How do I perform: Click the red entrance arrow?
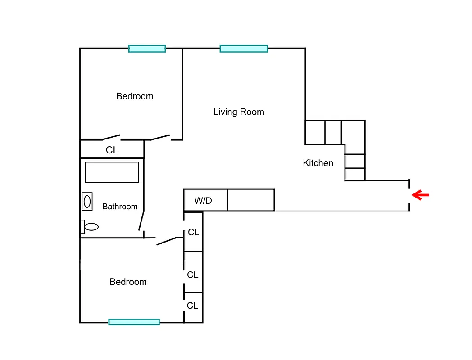tap(421, 195)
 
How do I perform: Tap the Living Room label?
tap(239, 112)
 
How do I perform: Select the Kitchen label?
tap(318, 163)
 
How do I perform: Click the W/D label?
tap(203, 201)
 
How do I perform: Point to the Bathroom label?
tap(120, 207)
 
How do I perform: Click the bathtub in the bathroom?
tap(112, 172)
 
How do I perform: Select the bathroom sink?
tap(87, 202)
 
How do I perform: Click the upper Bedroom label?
tap(135, 96)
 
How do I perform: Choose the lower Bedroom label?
tap(128, 282)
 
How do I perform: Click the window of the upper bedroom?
tap(147, 48)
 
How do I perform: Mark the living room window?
tap(244, 48)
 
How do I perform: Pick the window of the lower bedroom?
tap(134, 322)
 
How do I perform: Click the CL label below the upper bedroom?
tap(112, 150)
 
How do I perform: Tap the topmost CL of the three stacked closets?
tap(194, 232)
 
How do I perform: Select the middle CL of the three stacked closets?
tap(193, 274)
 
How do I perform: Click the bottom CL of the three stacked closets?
tap(193, 306)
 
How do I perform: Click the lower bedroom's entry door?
tap(169, 241)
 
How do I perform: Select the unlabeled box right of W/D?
tap(250, 200)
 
